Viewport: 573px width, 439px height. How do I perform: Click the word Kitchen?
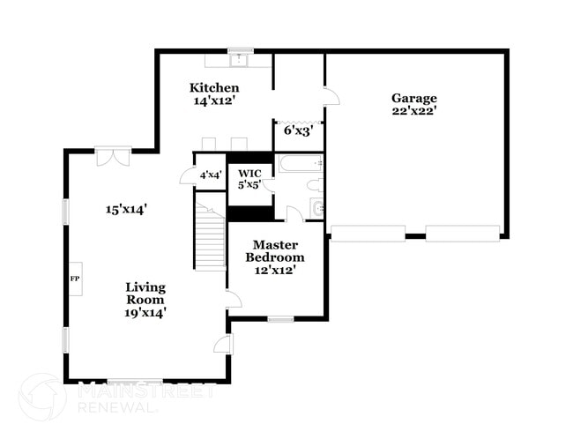point(214,88)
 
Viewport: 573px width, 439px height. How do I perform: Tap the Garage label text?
point(414,98)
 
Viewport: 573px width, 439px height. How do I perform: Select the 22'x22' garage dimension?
point(414,111)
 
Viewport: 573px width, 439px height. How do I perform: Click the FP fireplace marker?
point(74,279)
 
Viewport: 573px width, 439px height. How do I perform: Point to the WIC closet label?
point(244,173)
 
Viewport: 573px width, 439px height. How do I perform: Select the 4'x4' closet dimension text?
point(211,175)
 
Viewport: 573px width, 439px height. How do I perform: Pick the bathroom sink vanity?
point(317,208)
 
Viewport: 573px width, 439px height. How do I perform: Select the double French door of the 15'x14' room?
point(114,156)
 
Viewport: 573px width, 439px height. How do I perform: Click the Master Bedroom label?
point(275,251)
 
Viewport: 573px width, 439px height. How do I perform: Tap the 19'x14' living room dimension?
point(145,312)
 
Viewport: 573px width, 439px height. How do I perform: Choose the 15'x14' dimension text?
point(126,210)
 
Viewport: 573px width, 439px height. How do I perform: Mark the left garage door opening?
point(368,234)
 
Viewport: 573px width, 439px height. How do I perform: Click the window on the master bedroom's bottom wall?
point(280,319)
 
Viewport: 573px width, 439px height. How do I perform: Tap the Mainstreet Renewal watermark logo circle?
point(42,397)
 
